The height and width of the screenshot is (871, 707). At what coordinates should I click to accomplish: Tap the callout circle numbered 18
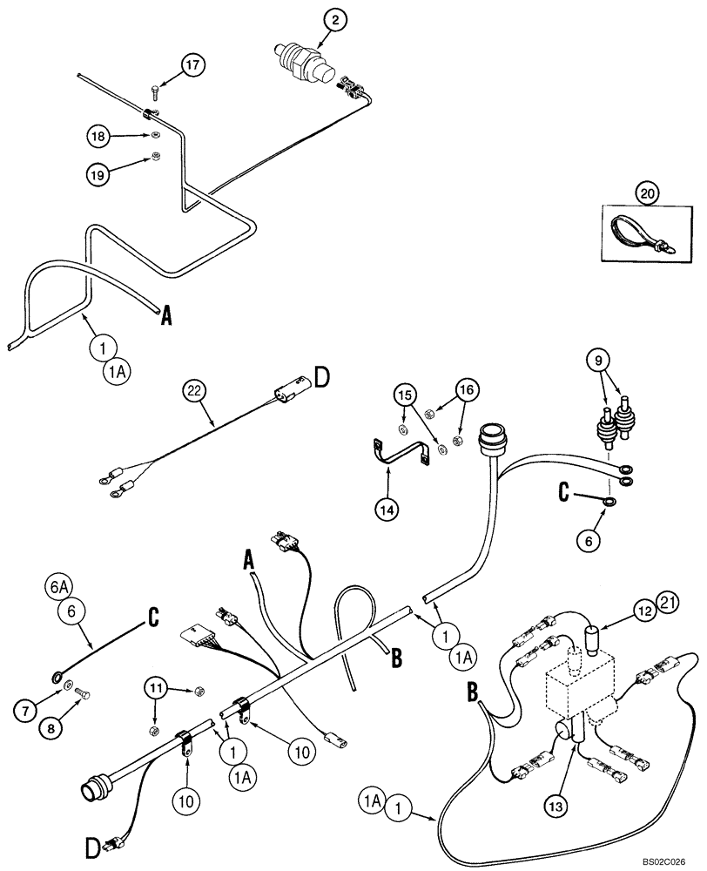tap(99, 136)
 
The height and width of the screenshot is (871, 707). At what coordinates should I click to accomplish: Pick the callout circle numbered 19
tap(99, 174)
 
